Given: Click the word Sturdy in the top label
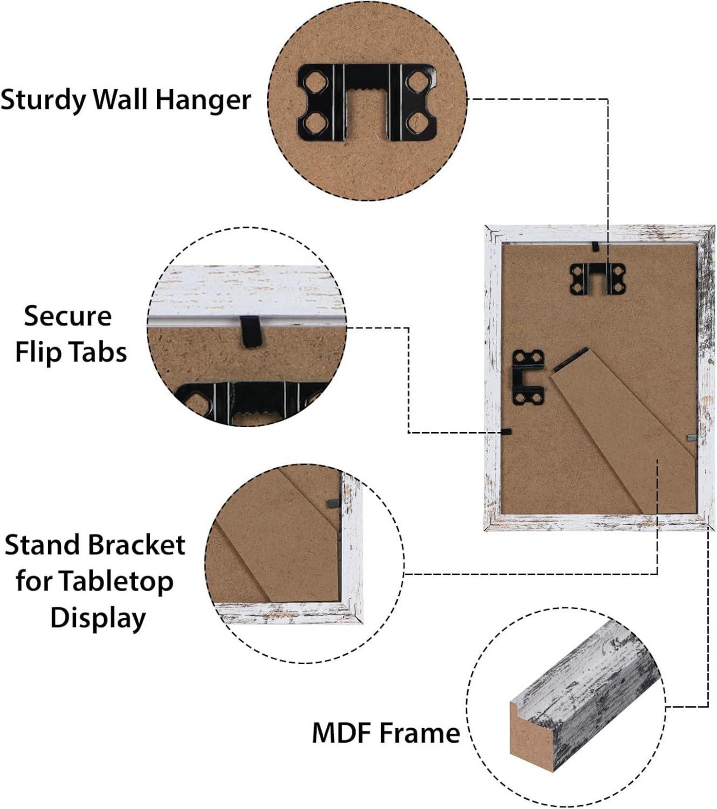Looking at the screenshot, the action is pos(43,100).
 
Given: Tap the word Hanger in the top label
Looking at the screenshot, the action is pos(203,100).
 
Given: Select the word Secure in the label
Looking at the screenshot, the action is pos(68,316).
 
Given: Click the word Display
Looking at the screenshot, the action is pos(98,618).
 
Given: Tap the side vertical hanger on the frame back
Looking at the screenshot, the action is pos(529,378).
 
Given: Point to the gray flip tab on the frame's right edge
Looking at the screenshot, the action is pos(692,437).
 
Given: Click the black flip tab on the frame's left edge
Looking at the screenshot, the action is pos(506,431).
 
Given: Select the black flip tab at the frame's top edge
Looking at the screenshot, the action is pos(595,247).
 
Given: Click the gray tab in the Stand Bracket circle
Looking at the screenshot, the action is pos(333,503).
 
